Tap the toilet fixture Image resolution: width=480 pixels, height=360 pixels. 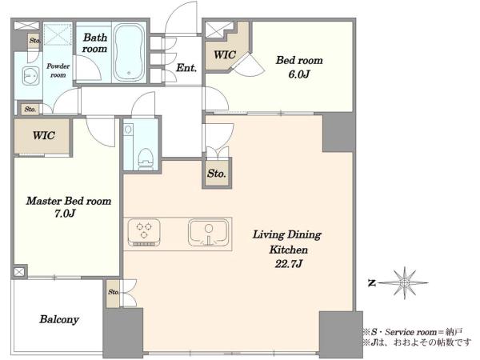point(145,158)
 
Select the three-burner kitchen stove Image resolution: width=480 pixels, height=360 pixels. point(144,232)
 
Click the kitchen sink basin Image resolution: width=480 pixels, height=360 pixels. point(209,232)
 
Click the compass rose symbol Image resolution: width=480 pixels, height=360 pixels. point(405,282)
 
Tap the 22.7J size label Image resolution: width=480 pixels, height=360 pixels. point(288,264)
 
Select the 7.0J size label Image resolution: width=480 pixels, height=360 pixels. point(65,214)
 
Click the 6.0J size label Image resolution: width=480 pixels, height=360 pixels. point(298,74)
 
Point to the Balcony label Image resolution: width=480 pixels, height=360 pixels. point(59,319)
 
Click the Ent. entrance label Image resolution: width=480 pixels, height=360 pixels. point(186,68)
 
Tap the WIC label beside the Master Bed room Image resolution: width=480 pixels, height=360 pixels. point(44,135)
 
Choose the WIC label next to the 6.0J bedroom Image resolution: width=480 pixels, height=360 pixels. point(225,54)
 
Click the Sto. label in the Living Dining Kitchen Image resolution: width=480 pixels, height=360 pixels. point(217,174)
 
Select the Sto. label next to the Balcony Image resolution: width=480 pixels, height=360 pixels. point(114,292)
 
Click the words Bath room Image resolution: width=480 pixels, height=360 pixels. point(95,43)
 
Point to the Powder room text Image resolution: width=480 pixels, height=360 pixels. point(58,70)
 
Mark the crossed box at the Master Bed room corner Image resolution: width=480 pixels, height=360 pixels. point(19,272)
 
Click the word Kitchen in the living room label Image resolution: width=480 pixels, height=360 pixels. point(288,250)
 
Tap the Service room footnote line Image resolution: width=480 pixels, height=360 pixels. point(412,332)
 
